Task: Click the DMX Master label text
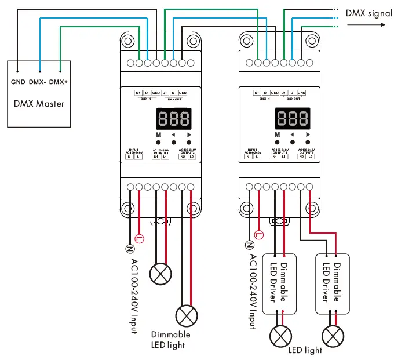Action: [39, 104]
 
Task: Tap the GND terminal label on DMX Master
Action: [18, 82]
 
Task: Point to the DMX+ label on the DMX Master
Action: [59, 82]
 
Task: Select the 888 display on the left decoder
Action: [174, 119]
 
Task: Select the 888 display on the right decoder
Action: [293, 119]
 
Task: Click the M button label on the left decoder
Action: [158, 134]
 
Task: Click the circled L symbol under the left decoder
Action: [138, 238]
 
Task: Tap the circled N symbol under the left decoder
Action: [130, 248]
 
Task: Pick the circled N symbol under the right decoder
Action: [250, 246]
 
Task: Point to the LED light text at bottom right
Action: [305, 350]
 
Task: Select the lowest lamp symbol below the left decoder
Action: [187, 317]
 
